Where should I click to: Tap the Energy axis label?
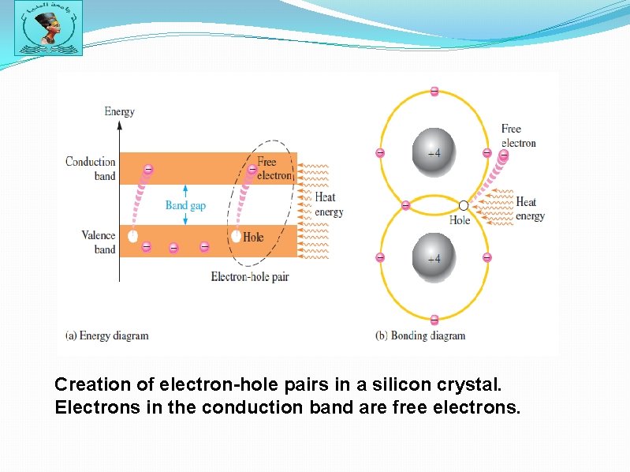[119, 111]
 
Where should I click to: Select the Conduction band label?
[91, 168]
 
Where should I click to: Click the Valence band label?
[98, 242]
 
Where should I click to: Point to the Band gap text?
[185, 205]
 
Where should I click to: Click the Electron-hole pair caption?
[248, 277]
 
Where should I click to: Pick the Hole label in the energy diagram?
[253, 237]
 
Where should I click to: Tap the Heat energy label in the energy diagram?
[329, 204]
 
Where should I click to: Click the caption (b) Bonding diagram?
[420, 335]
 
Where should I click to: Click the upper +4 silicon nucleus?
[434, 153]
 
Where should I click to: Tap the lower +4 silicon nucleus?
[434, 258]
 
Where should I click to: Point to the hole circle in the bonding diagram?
[464, 206]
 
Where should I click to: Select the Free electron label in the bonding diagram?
[518, 136]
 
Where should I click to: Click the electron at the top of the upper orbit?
[434, 92]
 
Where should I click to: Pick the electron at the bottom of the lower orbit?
[434, 320]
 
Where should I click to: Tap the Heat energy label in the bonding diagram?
[530, 209]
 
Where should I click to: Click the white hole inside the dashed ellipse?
[235, 236]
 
